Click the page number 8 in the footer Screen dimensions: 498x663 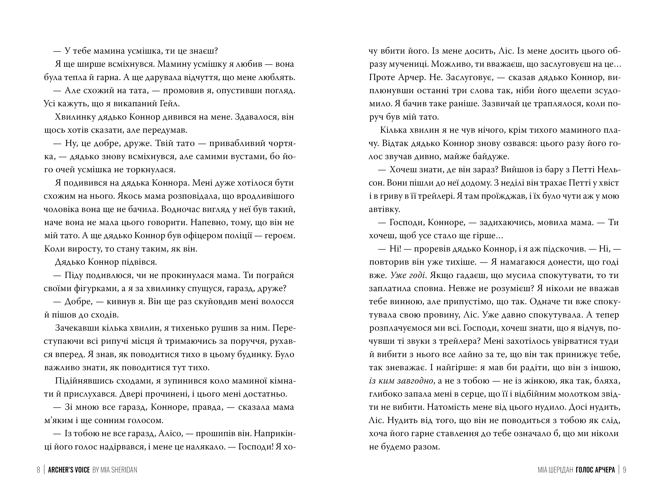[38, 470]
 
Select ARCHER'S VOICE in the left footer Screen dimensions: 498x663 [69, 470]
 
